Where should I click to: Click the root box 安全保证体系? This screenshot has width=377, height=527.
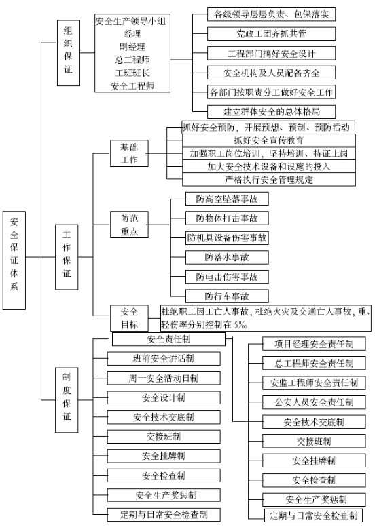[x=14, y=260]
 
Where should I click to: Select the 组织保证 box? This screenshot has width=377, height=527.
[x=69, y=53]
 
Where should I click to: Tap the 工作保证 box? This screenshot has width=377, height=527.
[x=67, y=257]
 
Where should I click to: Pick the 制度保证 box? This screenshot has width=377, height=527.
[x=67, y=399]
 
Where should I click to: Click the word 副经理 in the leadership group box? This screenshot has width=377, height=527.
[x=132, y=47]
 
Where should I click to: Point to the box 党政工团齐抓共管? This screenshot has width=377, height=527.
[x=271, y=34]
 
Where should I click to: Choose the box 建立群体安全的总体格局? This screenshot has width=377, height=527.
[x=271, y=112]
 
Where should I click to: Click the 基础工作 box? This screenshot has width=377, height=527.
[x=129, y=153]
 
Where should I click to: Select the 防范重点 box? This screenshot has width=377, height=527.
[x=129, y=225]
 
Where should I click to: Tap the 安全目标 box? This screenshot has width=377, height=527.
[x=129, y=318]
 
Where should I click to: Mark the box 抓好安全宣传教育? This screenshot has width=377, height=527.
[x=268, y=140]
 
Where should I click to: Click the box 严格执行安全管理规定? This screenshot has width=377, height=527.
[x=268, y=180]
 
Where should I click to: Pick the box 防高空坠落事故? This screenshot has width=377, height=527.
[x=227, y=199]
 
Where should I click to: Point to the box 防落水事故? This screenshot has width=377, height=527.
[x=227, y=258]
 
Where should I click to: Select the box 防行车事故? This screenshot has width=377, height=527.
[x=227, y=296]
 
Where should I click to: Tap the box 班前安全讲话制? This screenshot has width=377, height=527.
[x=164, y=359]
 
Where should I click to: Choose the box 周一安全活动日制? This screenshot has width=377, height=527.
[x=164, y=378]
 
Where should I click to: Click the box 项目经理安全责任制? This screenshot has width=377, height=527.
[x=314, y=344]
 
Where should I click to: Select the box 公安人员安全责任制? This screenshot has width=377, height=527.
[x=314, y=402]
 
